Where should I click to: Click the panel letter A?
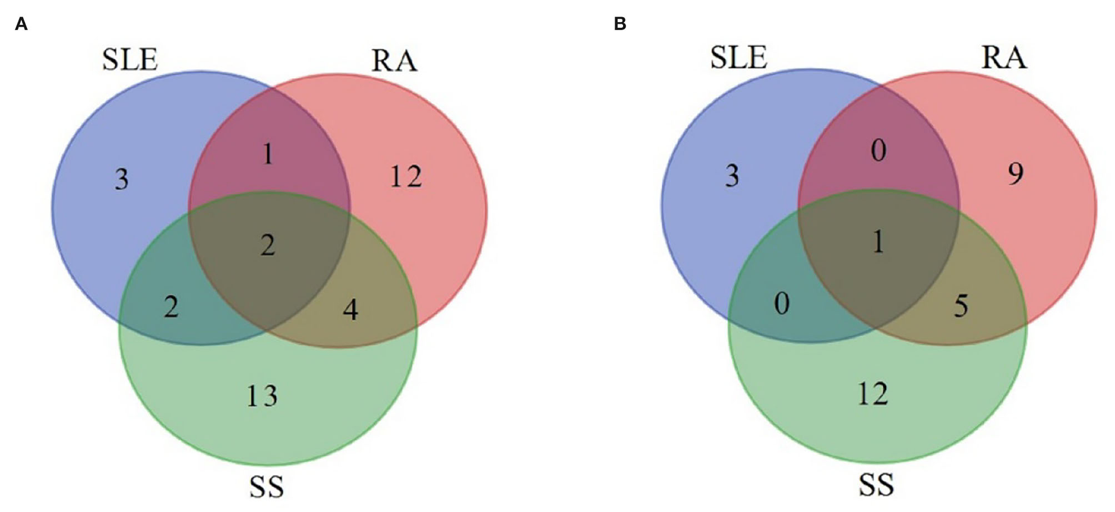coord(21,25)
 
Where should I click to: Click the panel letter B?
coord(620,25)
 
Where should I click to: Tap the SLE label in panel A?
coord(130,60)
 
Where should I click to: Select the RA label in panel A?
coord(394,61)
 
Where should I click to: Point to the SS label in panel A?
coord(267,487)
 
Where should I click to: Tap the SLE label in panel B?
coord(739,58)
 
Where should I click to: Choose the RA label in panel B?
coord(1004,58)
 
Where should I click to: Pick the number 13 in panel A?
coord(261,396)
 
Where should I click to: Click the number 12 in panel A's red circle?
coord(405,177)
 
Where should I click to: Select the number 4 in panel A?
coord(350,309)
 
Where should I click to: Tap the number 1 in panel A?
coord(268,154)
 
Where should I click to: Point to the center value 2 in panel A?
coord(268,245)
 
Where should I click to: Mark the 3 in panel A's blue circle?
coord(121,179)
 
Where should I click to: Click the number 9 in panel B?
coord(1016,174)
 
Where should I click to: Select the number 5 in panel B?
coord(961,306)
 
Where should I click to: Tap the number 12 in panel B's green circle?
coord(873,394)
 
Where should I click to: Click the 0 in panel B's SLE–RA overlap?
coord(878,150)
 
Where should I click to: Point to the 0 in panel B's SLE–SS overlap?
coord(782,304)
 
